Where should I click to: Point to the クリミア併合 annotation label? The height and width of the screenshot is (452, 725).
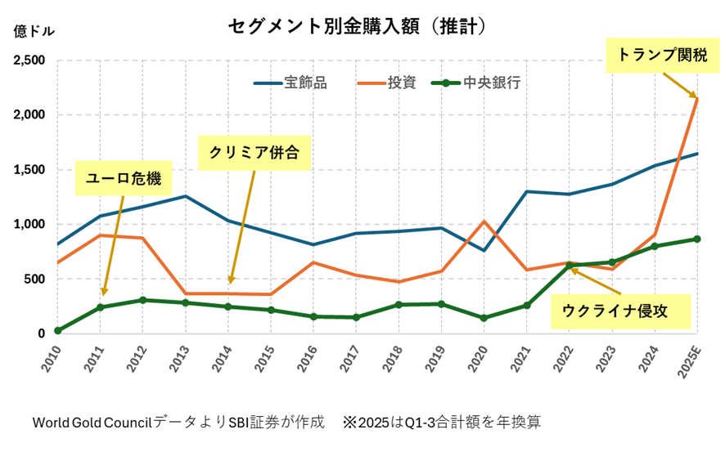point(256,153)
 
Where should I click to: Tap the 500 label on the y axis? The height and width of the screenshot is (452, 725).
point(34,279)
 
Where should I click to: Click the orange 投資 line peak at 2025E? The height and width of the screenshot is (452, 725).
point(696,98)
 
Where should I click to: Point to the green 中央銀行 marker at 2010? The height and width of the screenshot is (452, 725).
point(57,330)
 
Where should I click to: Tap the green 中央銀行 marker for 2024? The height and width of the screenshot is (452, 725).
point(655,246)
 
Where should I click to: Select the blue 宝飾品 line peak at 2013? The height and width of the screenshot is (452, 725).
point(186,196)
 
